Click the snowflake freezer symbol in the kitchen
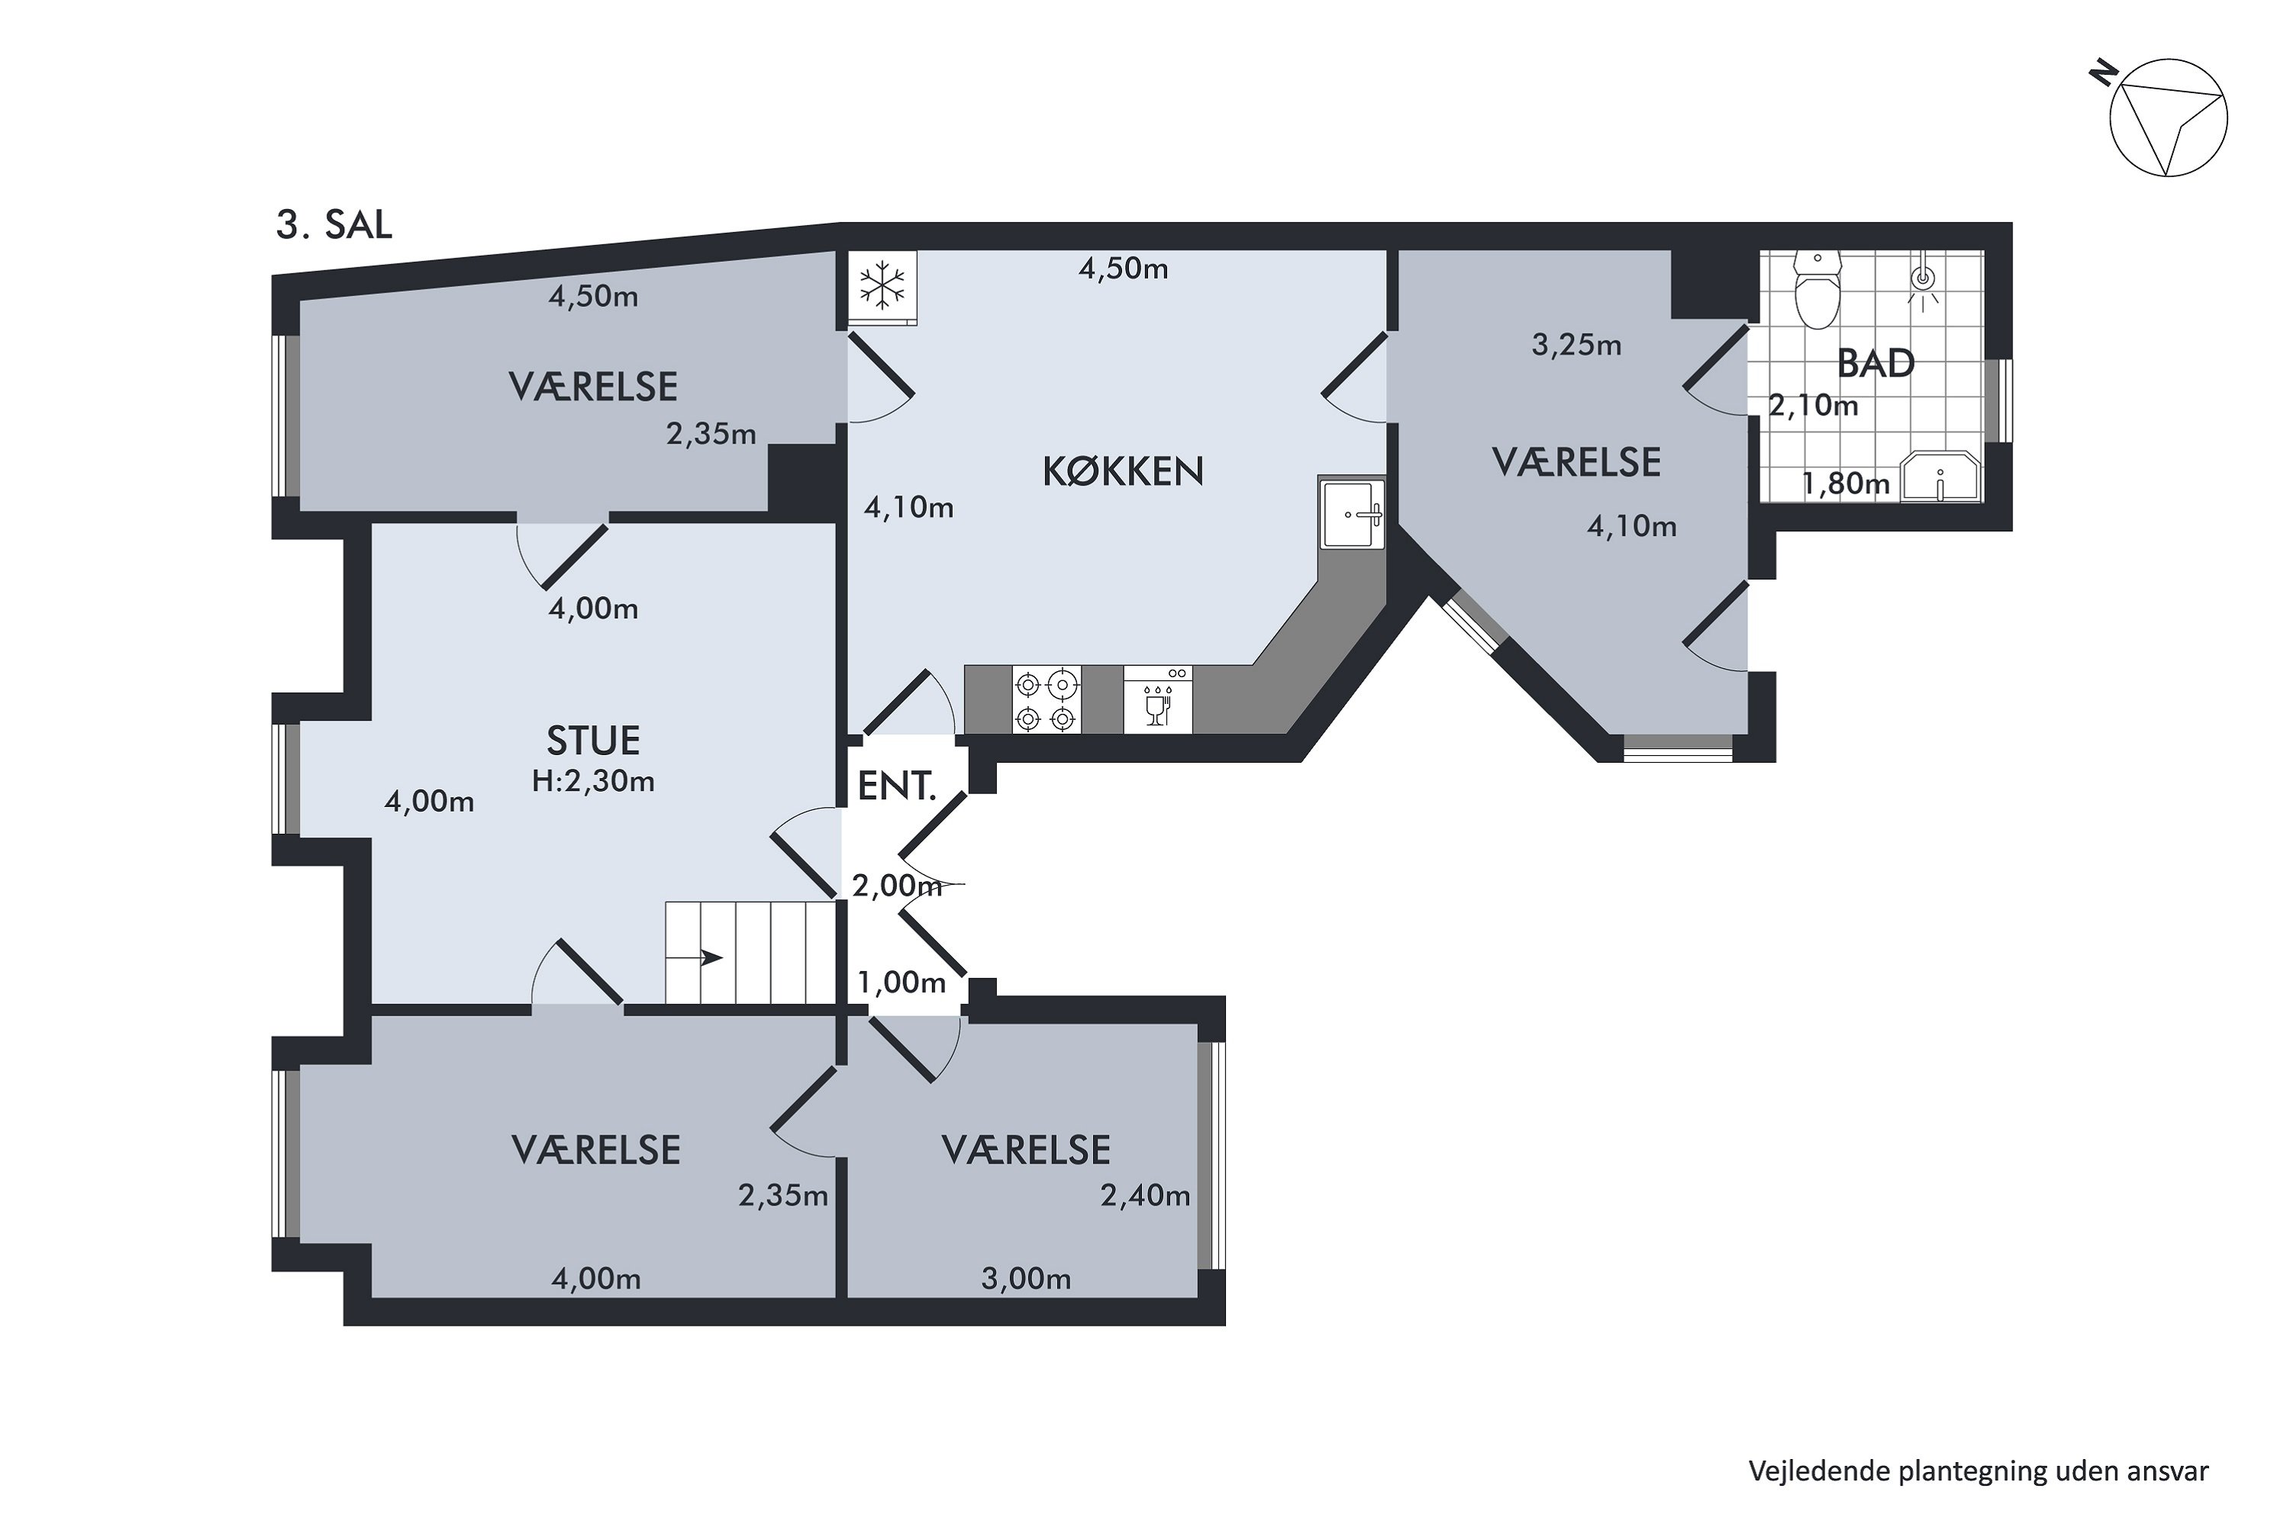(x=882, y=287)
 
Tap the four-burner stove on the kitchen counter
(x=1047, y=699)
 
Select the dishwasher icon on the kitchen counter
(x=1158, y=699)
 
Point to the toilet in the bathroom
(x=1817, y=289)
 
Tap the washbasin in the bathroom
(x=1941, y=477)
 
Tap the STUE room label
(x=593, y=741)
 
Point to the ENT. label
(x=895, y=786)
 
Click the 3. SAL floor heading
(x=334, y=225)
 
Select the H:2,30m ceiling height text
(x=593, y=781)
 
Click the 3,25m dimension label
(x=1576, y=345)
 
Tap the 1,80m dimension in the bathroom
(x=1846, y=484)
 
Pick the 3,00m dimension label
(x=1026, y=1279)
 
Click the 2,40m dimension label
(x=1145, y=1195)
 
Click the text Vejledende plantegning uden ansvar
(x=1979, y=1471)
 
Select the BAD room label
(x=1876, y=363)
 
